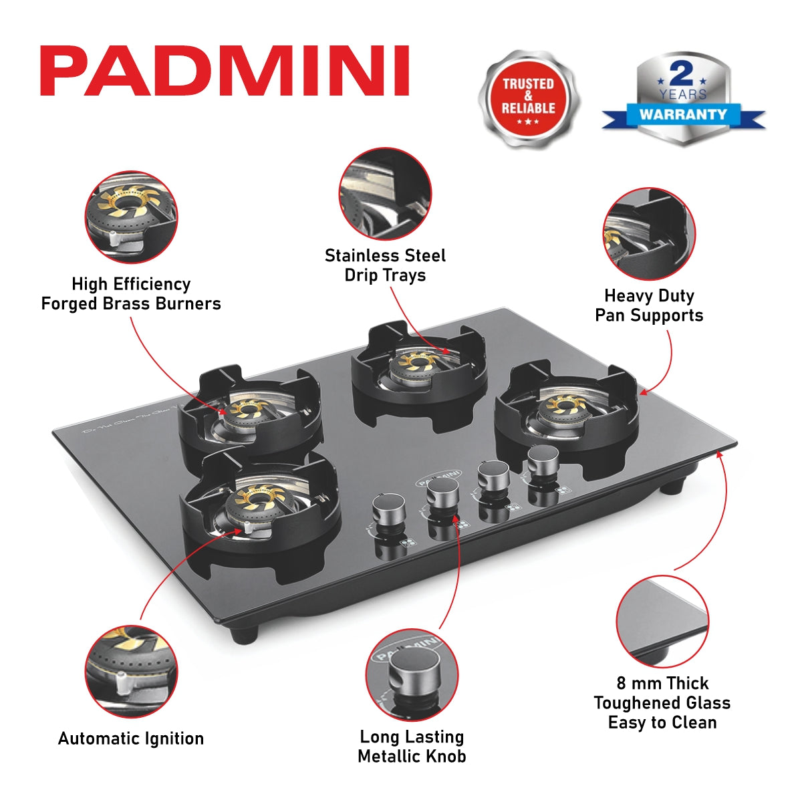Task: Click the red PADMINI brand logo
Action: point(225,72)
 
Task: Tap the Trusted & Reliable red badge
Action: point(528,99)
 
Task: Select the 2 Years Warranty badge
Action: point(682,99)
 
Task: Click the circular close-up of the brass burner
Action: point(131,217)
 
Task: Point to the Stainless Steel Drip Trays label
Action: point(385,265)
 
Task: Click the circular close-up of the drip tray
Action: point(385,194)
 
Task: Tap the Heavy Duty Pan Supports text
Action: point(649,305)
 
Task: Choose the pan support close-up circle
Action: point(649,233)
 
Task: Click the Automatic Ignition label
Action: point(131,739)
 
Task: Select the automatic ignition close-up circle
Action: point(131,671)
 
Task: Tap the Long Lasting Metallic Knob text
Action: point(412,747)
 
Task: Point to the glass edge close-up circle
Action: point(662,622)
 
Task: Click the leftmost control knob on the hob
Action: point(388,511)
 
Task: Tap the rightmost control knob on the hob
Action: point(543,461)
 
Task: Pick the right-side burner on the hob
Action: point(566,409)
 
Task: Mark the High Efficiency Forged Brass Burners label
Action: point(131,294)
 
